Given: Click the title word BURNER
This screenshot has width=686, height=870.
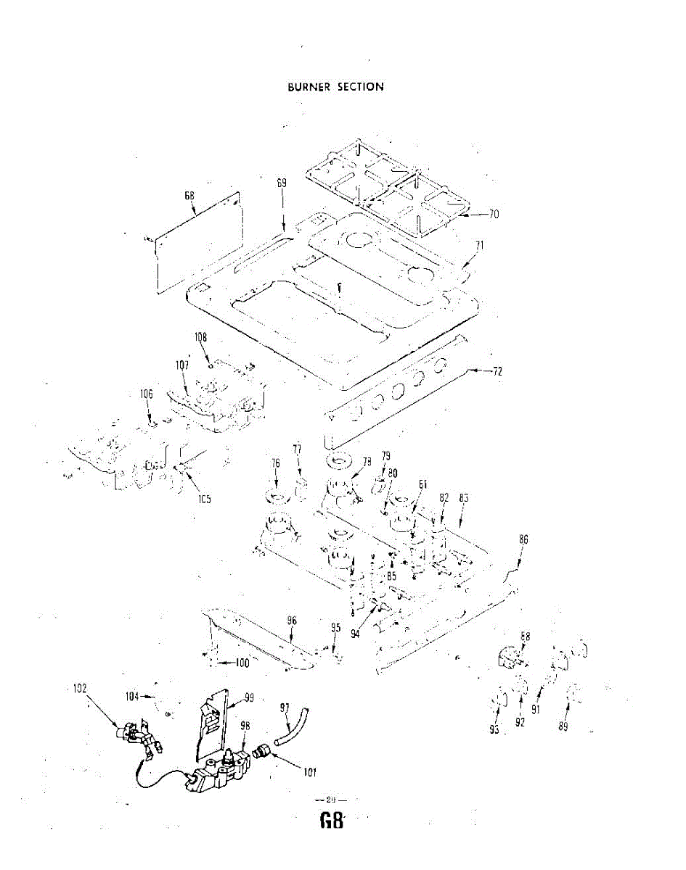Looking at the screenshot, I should [309, 87].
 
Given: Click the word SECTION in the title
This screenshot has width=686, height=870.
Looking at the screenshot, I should [359, 87].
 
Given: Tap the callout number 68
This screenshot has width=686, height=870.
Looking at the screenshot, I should [189, 195].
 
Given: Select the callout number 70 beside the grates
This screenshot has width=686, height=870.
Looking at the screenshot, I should [494, 214].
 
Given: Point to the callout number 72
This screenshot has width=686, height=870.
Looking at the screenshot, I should [497, 371].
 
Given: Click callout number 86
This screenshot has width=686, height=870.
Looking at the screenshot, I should [523, 539].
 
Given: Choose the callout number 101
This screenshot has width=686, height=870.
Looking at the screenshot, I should [310, 772].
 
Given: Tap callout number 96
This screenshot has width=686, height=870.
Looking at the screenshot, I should [292, 621].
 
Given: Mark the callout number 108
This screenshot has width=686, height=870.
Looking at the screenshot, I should [201, 338].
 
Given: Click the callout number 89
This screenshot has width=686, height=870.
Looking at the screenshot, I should [563, 727].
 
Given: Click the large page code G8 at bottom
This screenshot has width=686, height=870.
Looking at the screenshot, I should [330, 821].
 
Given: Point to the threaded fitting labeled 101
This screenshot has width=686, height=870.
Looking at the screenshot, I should [264, 752].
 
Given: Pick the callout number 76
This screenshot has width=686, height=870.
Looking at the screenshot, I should [276, 463].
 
